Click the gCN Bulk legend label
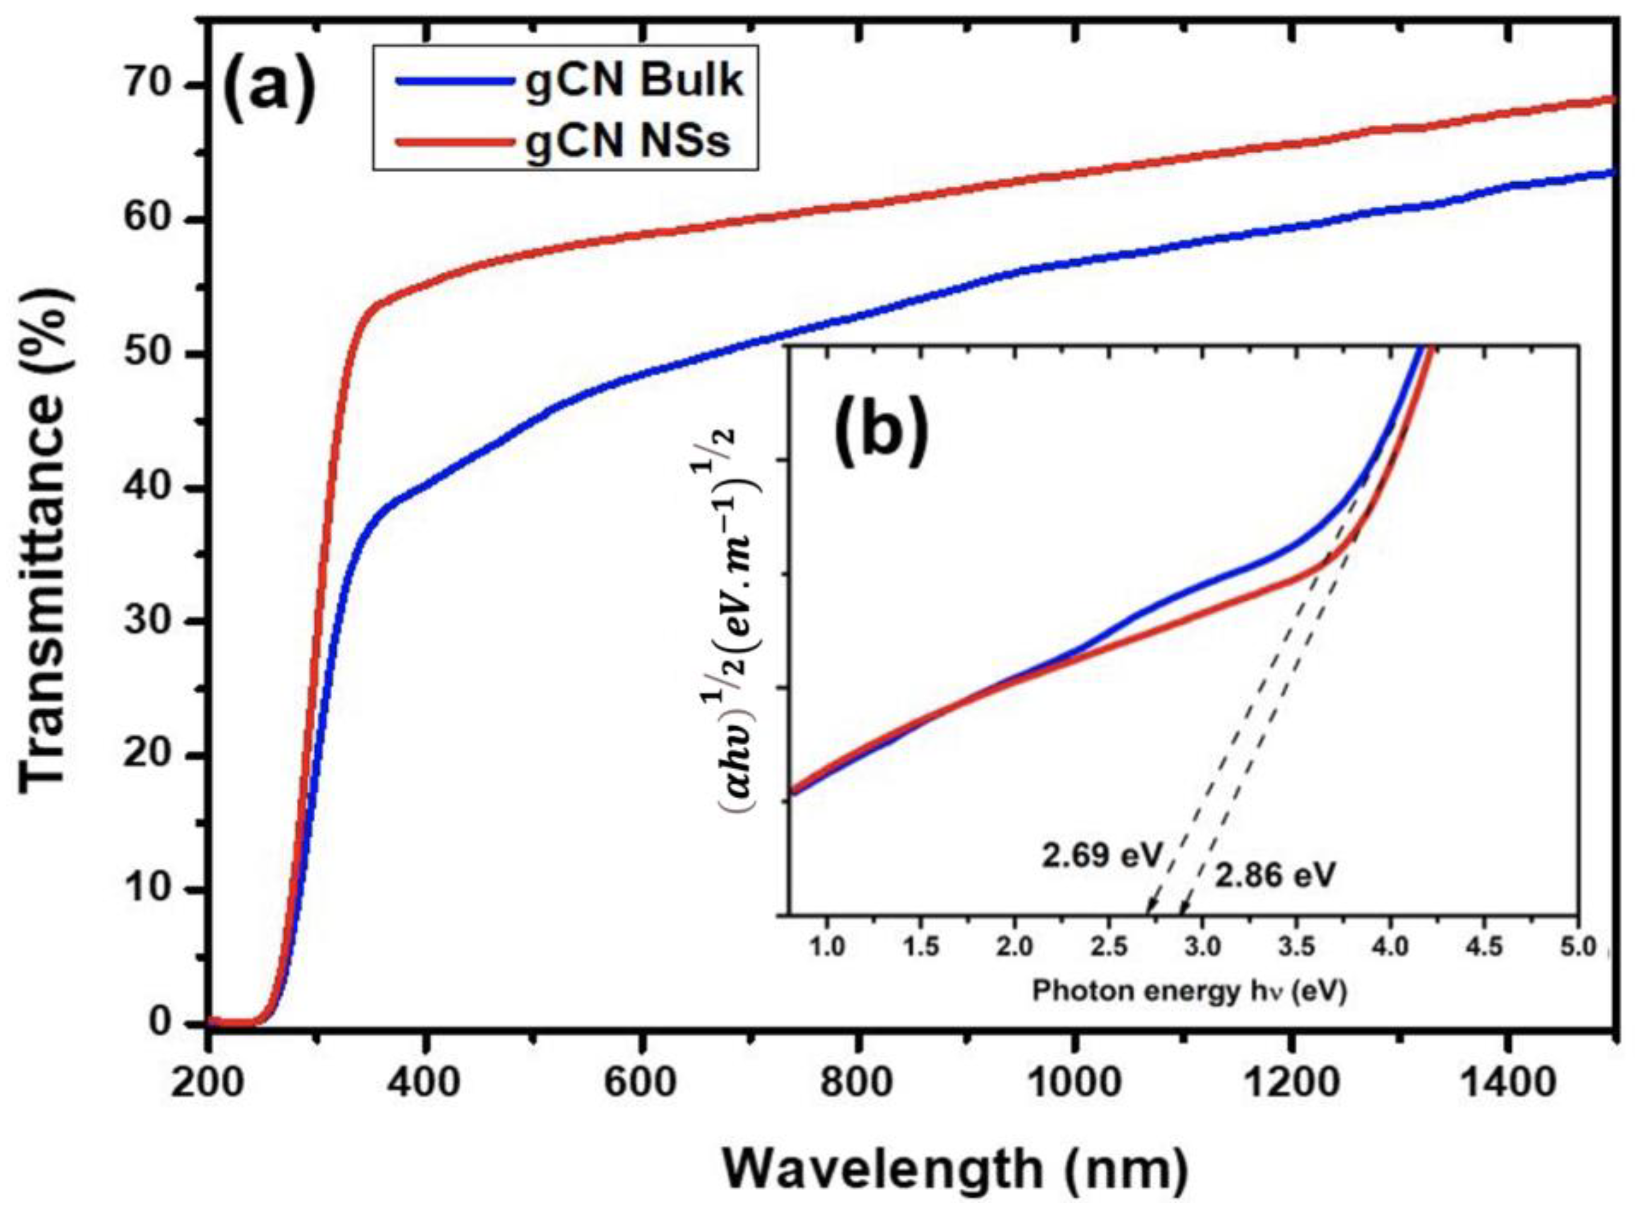pyautogui.click(x=633, y=81)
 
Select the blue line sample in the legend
pyautogui.click(x=456, y=81)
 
